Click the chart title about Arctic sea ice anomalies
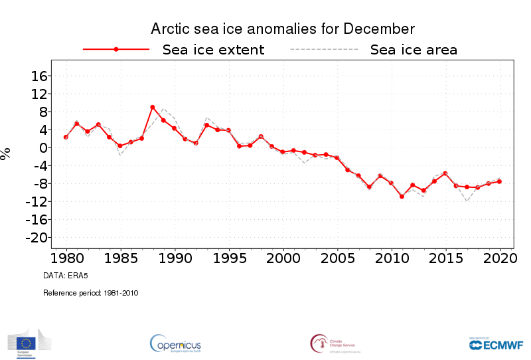(283, 29)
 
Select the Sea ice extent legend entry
(213, 50)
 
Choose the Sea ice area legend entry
(413, 50)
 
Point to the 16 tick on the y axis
(38, 76)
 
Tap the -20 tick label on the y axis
(35, 238)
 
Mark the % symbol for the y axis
(6, 153)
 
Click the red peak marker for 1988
(153, 107)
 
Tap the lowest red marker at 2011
(402, 197)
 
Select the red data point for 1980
(66, 137)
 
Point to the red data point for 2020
(500, 181)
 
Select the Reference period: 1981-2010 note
(90, 292)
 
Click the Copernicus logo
(175, 343)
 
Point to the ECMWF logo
(496, 343)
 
